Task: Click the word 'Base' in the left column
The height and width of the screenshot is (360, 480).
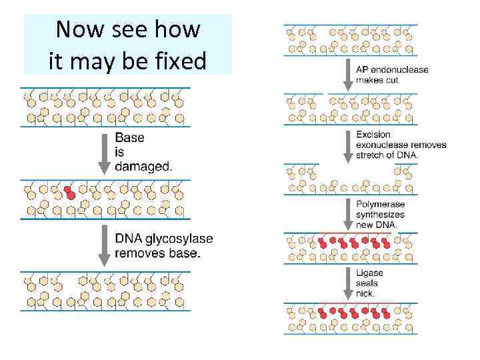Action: click(x=129, y=138)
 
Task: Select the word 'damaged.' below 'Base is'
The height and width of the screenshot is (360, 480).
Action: click(x=143, y=166)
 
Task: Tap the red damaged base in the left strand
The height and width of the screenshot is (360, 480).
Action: click(x=69, y=193)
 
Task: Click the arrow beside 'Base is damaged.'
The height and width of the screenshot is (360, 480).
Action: click(x=104, y=153)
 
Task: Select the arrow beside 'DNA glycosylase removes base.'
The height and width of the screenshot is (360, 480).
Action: click(x=104, y=246)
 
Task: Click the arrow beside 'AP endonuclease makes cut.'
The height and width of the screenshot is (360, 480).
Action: click(x=347, y=75)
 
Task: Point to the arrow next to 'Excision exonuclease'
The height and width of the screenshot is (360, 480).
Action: click(x=347, y=145)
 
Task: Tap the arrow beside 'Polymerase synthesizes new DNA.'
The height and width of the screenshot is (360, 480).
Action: click(x=347, y=215)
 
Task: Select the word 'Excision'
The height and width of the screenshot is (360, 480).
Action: click(x=373, y=135)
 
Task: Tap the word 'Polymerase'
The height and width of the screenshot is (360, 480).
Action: click(x=380, y=205)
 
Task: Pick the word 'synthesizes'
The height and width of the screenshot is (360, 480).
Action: click(x=380, y=215)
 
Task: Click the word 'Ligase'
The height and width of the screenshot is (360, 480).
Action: click(x=369, y=273)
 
